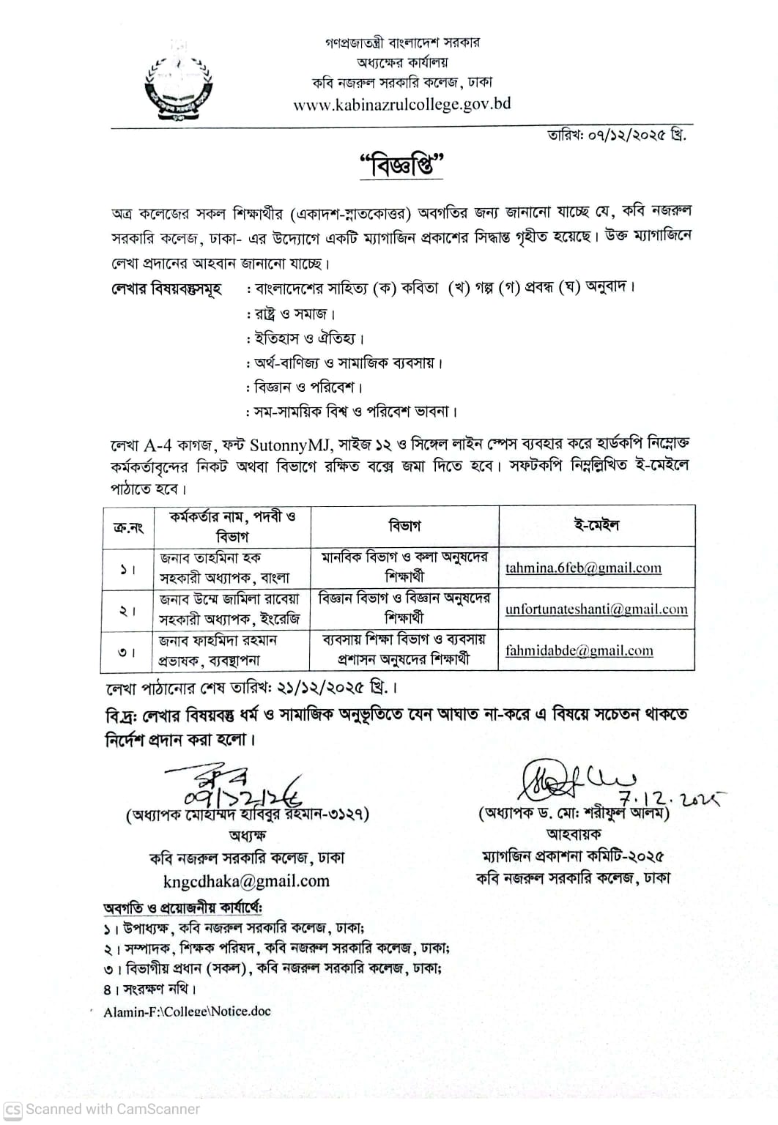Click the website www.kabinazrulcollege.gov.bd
click(401, 104)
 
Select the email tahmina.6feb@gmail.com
click(583, 568)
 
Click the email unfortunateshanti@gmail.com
click(596, 609)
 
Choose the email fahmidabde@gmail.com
click(579, 650)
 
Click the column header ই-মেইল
click(596, 525)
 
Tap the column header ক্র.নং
click(128, 527)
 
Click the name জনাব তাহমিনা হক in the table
click(211, 557)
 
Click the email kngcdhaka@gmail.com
click(246, 881)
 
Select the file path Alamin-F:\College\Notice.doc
click(187, 1011)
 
